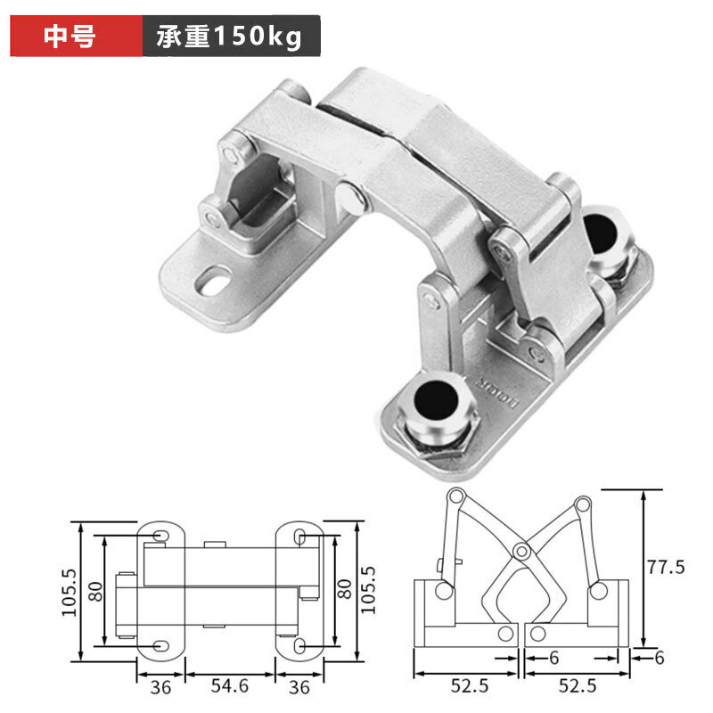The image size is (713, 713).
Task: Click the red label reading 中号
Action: [70, 36]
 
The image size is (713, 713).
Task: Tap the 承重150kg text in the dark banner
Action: [229, 37]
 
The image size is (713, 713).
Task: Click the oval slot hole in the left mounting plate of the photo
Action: [213, 281]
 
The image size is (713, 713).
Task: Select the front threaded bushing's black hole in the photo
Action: [436, 401]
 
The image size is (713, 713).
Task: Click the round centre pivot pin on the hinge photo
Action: [350, 198]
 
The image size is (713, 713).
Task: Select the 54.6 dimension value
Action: [230, 685]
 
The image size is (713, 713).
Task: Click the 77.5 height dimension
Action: [666, 567]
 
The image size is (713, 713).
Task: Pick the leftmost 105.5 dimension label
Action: [70, 592]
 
